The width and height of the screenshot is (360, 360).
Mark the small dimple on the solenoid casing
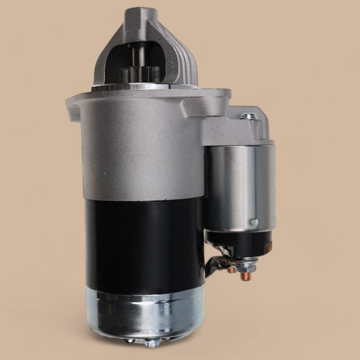[253, 222]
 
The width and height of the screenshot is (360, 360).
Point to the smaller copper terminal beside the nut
[231, 268]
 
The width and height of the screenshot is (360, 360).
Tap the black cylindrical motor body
[144, 242]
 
